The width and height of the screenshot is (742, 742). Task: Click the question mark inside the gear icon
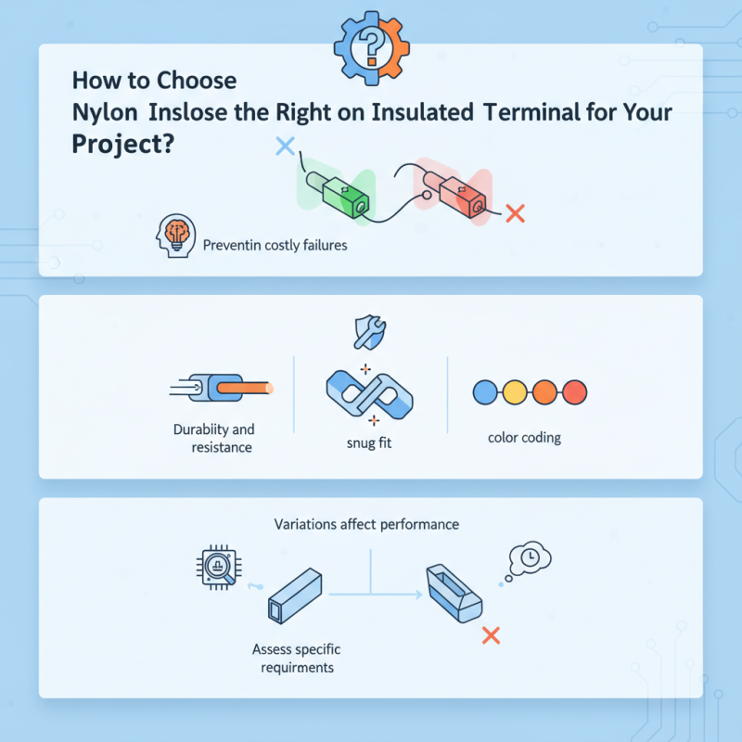(370, 43)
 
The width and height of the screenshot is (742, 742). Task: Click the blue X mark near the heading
(285, 145)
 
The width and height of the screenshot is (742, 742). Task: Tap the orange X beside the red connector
(517, 213)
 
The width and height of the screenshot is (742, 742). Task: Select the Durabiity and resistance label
(213, 439)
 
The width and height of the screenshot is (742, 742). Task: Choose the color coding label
(524, 437)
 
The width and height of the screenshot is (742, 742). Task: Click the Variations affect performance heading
(366, 524)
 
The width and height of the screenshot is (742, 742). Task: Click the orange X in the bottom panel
(492, 635)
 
